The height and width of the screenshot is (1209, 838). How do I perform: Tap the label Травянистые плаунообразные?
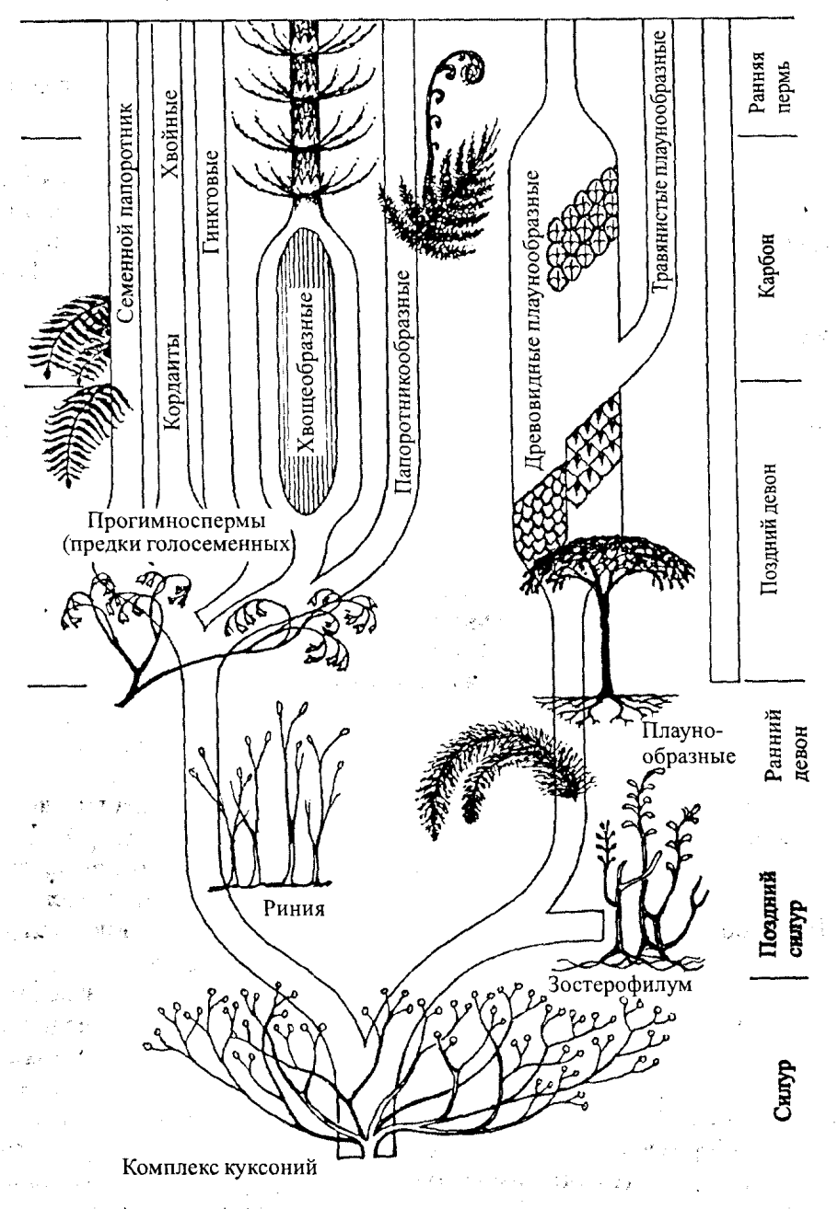pos(661,162)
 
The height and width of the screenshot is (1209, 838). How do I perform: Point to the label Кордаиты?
pos(171,382)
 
